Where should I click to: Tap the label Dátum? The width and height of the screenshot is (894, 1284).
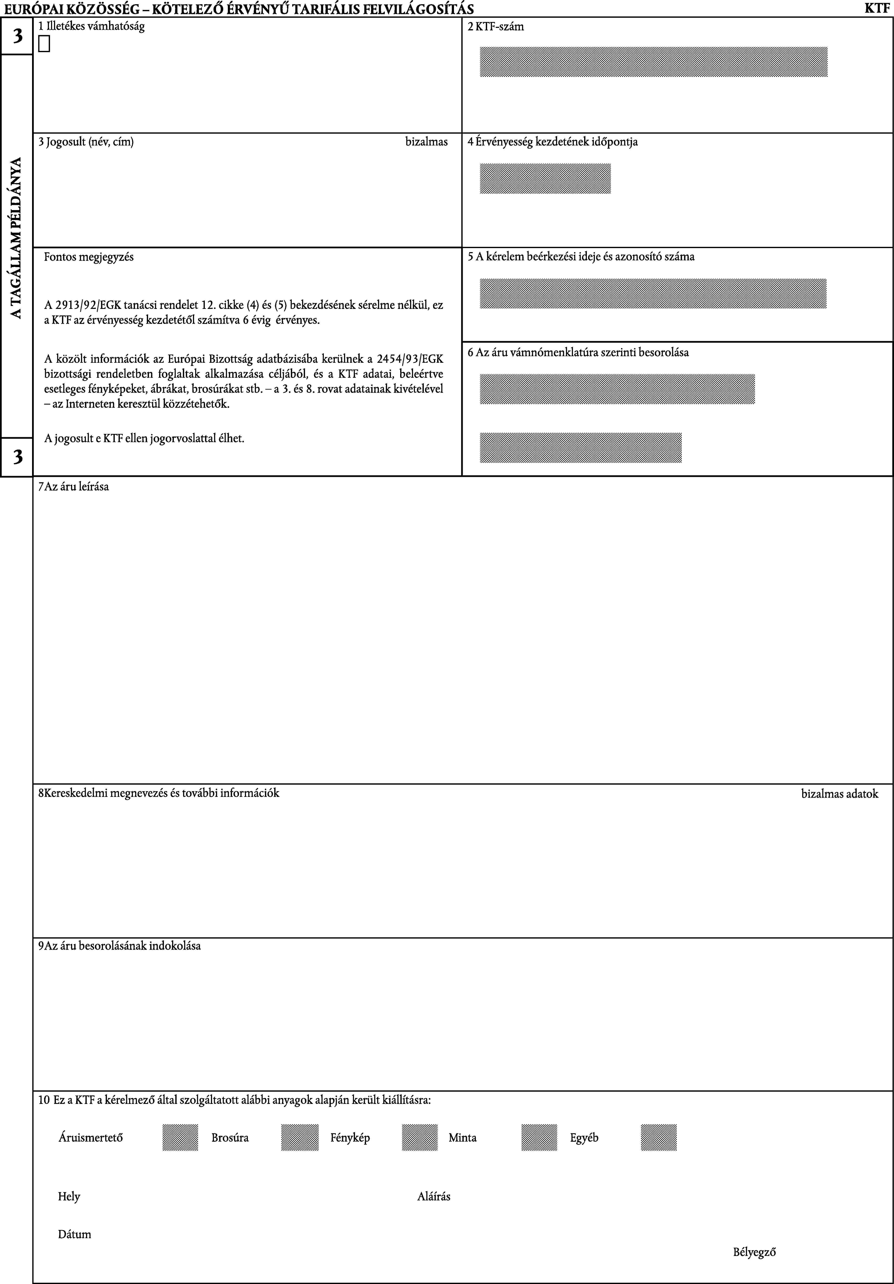pyautogui.click(x=74, y=1234)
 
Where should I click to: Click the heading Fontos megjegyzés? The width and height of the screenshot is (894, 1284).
pyautogui.click(x=89, y=257)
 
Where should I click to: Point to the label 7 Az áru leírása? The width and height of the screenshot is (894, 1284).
pyautogui.click(x=73, y=486)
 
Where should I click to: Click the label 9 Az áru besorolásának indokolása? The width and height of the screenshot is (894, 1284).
pyautogui.click(x=119, y=946)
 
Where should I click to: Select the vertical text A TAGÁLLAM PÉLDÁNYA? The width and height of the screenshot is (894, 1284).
pyautogui.click(x=17, y=238)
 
